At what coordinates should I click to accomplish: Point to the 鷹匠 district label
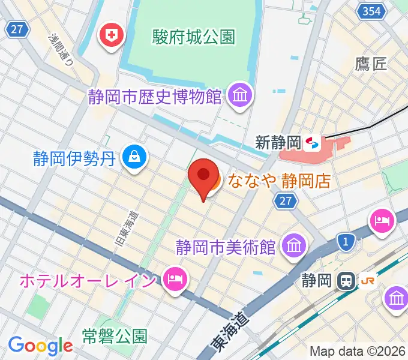(371, 64)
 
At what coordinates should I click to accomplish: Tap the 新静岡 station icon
(313, 143)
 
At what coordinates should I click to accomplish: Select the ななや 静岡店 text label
(276, 180)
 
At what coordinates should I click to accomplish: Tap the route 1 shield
(345, 241)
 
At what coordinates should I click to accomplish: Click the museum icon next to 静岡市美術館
(294, 245)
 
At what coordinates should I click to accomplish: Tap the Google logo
(40, 345)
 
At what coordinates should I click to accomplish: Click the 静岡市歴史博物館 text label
(154, 96)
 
